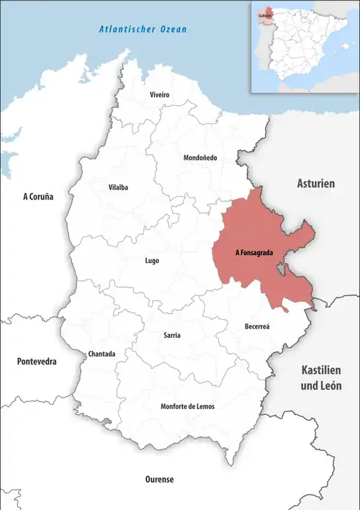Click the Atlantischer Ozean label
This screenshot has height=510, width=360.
tap(143, 30)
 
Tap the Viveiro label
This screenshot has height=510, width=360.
tap(159, 95)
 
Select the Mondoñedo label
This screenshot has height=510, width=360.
tap(201, 157)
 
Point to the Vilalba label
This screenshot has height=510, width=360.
tap(118, 187)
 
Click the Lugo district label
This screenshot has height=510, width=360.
tap(151, 261)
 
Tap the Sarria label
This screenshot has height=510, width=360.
tap(172, 336)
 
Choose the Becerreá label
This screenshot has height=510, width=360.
tap(256, 326)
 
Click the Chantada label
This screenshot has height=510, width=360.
tap(100, 354)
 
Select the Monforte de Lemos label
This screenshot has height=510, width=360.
tap(187, 406)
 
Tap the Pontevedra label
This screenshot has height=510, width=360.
tap(37, 361)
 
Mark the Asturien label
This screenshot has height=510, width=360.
tap(316, 184)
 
